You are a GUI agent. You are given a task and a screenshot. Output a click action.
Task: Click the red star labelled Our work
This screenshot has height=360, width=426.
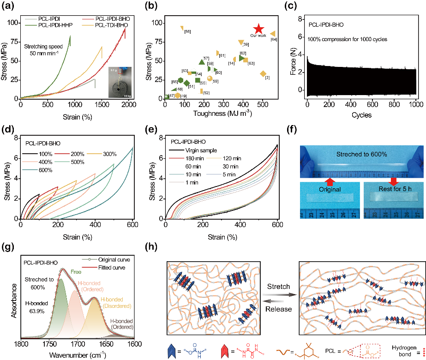click(259, 29)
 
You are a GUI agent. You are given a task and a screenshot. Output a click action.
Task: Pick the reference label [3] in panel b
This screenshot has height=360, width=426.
click(267, 77)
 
